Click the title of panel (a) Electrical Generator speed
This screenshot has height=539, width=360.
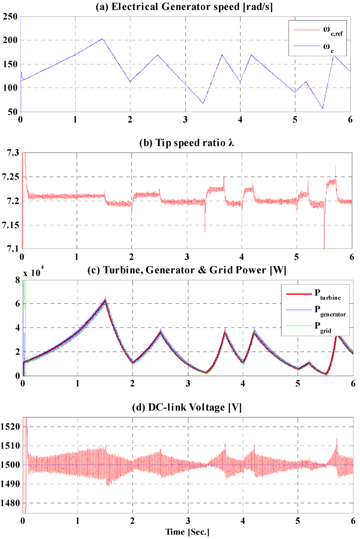[184, 7]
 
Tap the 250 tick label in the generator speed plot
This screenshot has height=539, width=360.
[10, 17]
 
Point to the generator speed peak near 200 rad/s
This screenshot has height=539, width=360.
[102, 39]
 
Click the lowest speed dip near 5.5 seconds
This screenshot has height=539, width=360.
[322, 108]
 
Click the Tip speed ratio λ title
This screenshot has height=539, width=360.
[187, 143]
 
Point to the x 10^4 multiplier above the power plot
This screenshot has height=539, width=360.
[33, 272]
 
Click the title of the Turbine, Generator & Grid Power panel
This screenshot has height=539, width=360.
[187, 270]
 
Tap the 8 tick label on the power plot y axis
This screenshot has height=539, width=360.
[18, 280]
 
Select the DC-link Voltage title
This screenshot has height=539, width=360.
[187, 407]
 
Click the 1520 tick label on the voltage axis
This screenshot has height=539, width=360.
[10, 427]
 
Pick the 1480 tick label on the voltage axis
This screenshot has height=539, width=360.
[10, 503]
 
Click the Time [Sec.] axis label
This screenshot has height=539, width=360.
[187, 532]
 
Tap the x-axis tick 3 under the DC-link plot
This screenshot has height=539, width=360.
[188, 521]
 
